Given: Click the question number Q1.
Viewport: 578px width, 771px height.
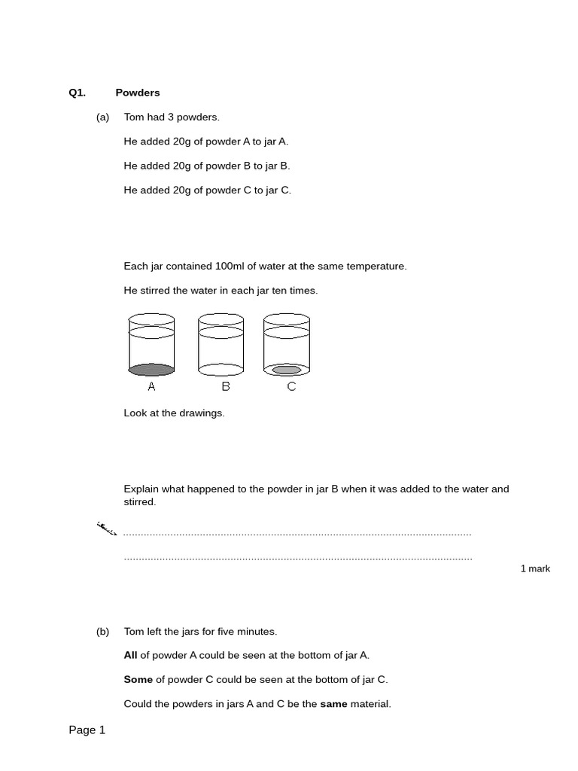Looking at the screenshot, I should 78,93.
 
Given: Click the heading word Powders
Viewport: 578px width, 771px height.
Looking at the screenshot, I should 138,93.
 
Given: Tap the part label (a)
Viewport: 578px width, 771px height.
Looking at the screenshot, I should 103,117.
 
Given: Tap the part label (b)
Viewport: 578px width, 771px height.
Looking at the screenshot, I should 103,632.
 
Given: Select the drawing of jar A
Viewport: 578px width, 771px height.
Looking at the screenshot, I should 151,345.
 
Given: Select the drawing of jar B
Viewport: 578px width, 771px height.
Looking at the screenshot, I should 221,345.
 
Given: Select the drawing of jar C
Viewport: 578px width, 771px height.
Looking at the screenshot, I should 287,345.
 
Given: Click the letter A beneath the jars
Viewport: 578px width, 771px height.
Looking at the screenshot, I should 151,387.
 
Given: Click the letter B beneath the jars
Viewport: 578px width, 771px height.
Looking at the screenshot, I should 226,387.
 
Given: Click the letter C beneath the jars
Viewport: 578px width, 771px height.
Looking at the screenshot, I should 291,387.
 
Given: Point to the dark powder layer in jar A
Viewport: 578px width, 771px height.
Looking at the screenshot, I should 151,370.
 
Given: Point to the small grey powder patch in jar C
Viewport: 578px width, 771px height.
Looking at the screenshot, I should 287,370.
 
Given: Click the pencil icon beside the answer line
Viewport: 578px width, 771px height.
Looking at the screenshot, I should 107,529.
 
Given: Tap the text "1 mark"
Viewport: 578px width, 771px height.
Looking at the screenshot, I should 535,568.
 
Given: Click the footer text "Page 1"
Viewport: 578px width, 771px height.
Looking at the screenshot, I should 87,730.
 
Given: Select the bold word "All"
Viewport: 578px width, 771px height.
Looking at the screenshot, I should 131,656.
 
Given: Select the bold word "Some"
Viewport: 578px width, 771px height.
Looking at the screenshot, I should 138,680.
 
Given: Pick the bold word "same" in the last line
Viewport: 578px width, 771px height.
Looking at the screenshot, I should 333,704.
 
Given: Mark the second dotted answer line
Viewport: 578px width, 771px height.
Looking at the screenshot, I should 298,559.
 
